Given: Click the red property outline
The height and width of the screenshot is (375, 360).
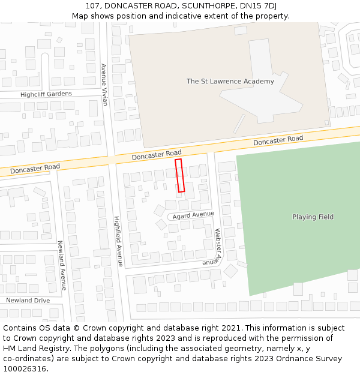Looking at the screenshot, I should (x=179, y=175).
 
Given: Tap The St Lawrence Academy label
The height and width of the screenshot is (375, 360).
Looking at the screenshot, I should (x=230, y=81).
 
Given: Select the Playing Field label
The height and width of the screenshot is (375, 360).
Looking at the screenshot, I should (x=313, y=217).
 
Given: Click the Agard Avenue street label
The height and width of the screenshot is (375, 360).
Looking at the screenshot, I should (x=193, y=215).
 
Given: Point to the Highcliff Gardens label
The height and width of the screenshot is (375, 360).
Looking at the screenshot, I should (x=46, y=94).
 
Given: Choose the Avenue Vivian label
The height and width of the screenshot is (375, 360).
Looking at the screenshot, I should (x=104, y=85).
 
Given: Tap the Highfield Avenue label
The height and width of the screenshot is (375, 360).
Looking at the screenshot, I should (x=118, y=241).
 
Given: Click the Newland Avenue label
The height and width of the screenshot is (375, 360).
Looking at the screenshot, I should (x=61, y=265).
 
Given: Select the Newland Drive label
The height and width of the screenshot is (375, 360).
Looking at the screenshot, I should (x=28, y=300).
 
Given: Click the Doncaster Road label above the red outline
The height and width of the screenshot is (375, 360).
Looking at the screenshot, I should (x=157, y=155).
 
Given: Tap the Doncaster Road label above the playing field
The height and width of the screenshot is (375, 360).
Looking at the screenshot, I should (x=278, y=140).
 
